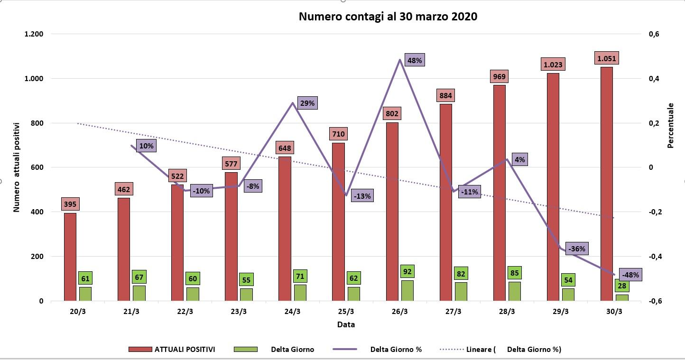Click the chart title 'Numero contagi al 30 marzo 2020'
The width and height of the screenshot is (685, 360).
[x=388, y=17]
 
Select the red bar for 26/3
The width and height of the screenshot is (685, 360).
[x=392, y=212]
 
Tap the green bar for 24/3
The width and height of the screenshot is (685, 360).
[x=300, y=293]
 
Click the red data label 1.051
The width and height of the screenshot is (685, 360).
[x=606, y=58]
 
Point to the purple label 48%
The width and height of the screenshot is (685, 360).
[x=415, y=60]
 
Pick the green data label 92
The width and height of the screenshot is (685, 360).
[x=407, y=271]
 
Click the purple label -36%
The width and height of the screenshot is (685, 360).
[x=576, y=249]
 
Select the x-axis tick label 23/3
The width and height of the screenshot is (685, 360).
[x=239, y=311]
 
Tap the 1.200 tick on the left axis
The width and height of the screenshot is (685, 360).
[x=34, y=34]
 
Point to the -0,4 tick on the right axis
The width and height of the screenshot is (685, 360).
[x=655, y=256]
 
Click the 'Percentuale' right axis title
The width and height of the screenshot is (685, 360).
[x=670, y=126]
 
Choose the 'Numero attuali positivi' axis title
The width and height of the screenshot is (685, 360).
[x=16, y=167]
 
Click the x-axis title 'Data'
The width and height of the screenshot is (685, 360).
[x=346, y=324]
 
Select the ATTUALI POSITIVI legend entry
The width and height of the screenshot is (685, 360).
[x=172, y=349]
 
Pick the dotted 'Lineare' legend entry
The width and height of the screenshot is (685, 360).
[x=500, y=349]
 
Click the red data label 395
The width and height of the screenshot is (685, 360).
[x=70, y=204]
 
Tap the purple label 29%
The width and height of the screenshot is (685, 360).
[x=307, y=103]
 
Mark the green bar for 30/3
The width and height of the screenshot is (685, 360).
[x=622, y=297]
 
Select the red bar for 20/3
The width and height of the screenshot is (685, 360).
[x=70, y=257]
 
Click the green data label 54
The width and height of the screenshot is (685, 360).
[x=568, y=280]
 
